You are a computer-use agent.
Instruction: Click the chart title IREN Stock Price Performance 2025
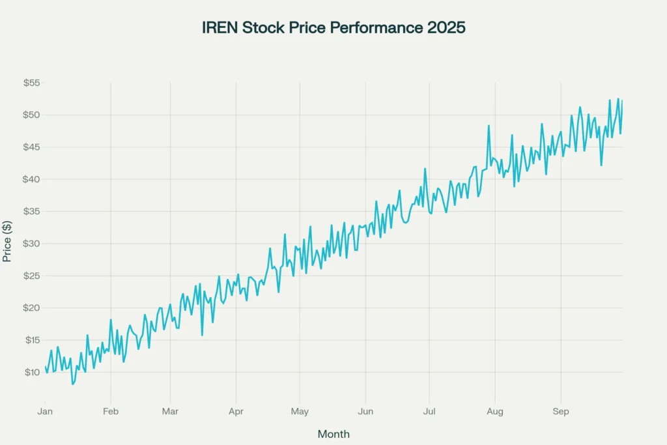[x=333, y=28]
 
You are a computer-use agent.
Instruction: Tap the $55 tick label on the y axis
[x=31, y=83]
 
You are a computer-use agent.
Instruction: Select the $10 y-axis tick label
[x=31, y=372]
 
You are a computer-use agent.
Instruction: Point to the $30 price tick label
[x=31, y=244]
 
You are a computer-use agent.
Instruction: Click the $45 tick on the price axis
[x=31, y=147]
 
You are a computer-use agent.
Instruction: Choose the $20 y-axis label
[x=31, y=308]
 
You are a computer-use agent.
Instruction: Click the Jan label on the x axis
[x=45, y=411]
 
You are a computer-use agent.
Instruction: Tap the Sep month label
[x=560, y=411]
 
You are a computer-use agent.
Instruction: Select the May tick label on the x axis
[x=300, y=411]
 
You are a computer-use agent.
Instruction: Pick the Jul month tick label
[x=429, y=411]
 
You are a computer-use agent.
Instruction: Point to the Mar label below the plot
[x=170, y=411]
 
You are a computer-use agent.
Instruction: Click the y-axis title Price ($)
[x=7, y=240]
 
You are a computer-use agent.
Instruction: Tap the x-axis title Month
[x=333, y=434]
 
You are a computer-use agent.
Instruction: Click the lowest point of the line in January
[x=72, y=384]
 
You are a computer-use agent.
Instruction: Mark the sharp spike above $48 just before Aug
[x=488, y=126]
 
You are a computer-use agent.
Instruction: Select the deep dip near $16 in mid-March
[x=202, y=335]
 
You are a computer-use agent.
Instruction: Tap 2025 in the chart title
[x=446, y=28]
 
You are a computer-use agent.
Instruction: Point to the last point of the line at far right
[x=622, y=100]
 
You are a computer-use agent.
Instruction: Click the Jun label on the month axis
[x=365, y=411]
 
